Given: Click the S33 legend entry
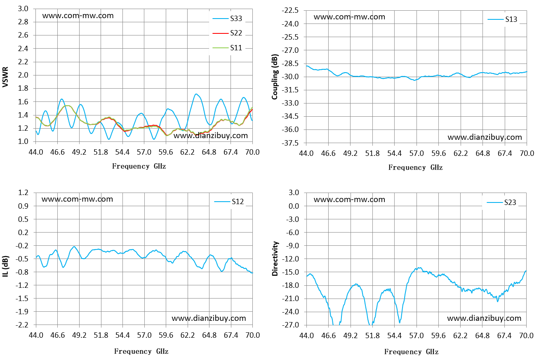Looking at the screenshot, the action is point(227,19).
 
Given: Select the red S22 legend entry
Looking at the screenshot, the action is point(227,33).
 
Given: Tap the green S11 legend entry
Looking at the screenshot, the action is point(227,48).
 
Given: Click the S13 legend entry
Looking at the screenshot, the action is point(502,19).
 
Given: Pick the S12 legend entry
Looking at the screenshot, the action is point(229,201).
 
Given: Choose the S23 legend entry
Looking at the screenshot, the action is point(501,202).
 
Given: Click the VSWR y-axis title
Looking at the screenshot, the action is point(5,77).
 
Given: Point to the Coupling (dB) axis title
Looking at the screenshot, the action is point(275,77).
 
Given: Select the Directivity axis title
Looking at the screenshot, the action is point(275,259).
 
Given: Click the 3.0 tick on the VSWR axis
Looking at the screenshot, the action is point(23,9).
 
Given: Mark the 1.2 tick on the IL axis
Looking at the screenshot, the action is point(23,193).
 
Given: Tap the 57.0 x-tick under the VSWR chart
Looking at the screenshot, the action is point(144,152).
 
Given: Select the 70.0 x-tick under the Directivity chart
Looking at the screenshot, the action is point(527,335).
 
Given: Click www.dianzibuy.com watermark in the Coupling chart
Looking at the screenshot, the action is point(485,137).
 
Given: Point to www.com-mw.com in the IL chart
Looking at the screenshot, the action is point(77,199).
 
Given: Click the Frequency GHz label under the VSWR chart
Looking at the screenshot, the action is point(139,166).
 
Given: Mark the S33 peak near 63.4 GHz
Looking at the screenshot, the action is point(196,94).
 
